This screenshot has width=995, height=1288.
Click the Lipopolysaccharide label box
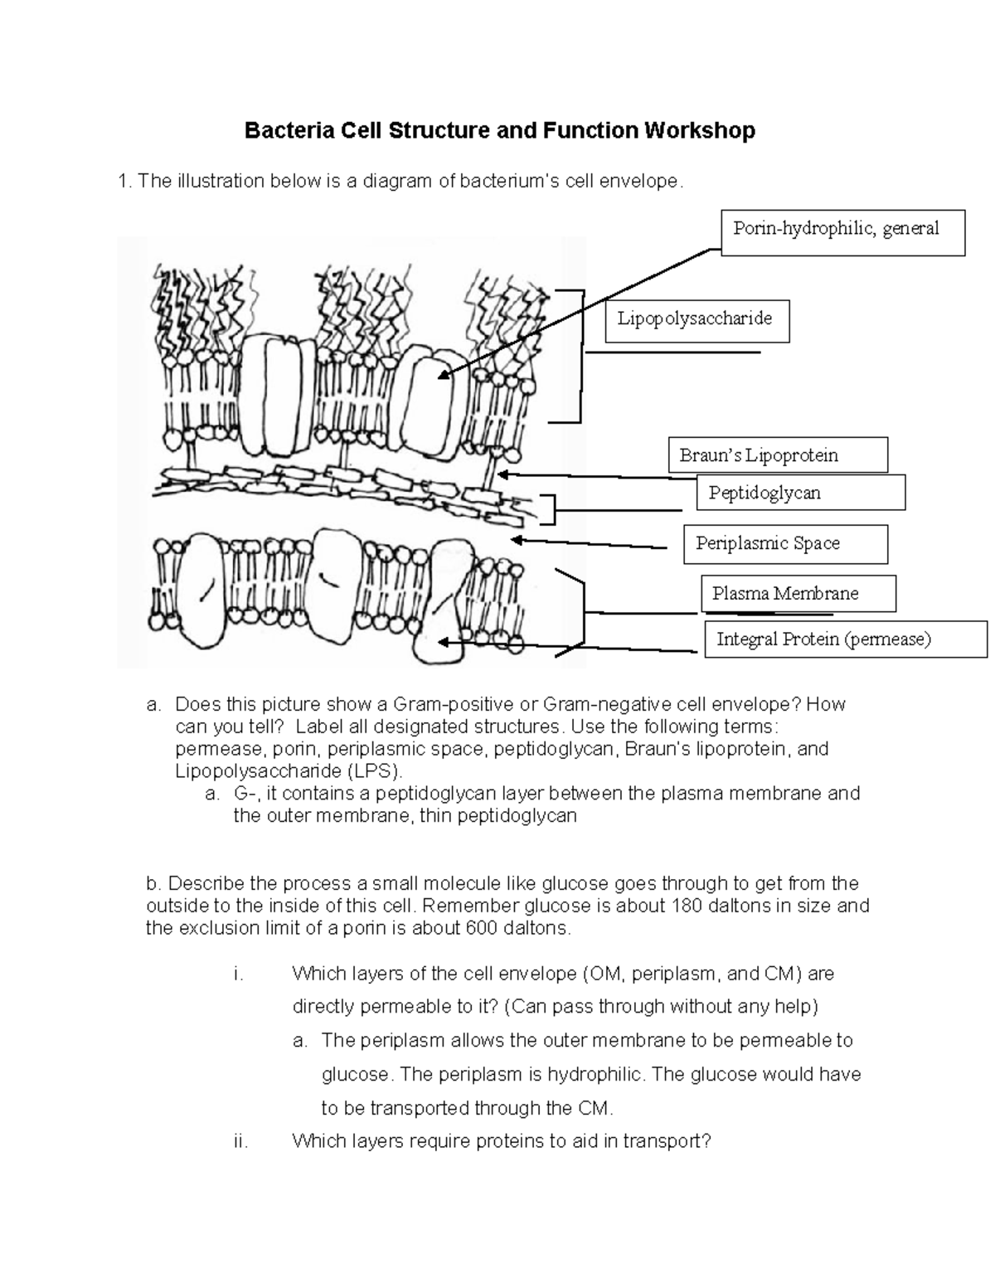coord(696,320)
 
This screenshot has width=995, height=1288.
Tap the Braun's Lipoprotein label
coord(777,455)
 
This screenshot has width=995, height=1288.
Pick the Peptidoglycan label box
coord(800,493)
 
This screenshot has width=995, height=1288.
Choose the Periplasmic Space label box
coord(784,544)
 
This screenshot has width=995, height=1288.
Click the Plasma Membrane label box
coord(798,594)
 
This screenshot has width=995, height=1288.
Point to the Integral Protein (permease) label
coord(845,639)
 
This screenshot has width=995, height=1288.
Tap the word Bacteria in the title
coord(280,131)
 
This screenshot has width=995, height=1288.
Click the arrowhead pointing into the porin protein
coord(444,376)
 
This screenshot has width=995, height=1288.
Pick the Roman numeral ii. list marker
coord(241,1141)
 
